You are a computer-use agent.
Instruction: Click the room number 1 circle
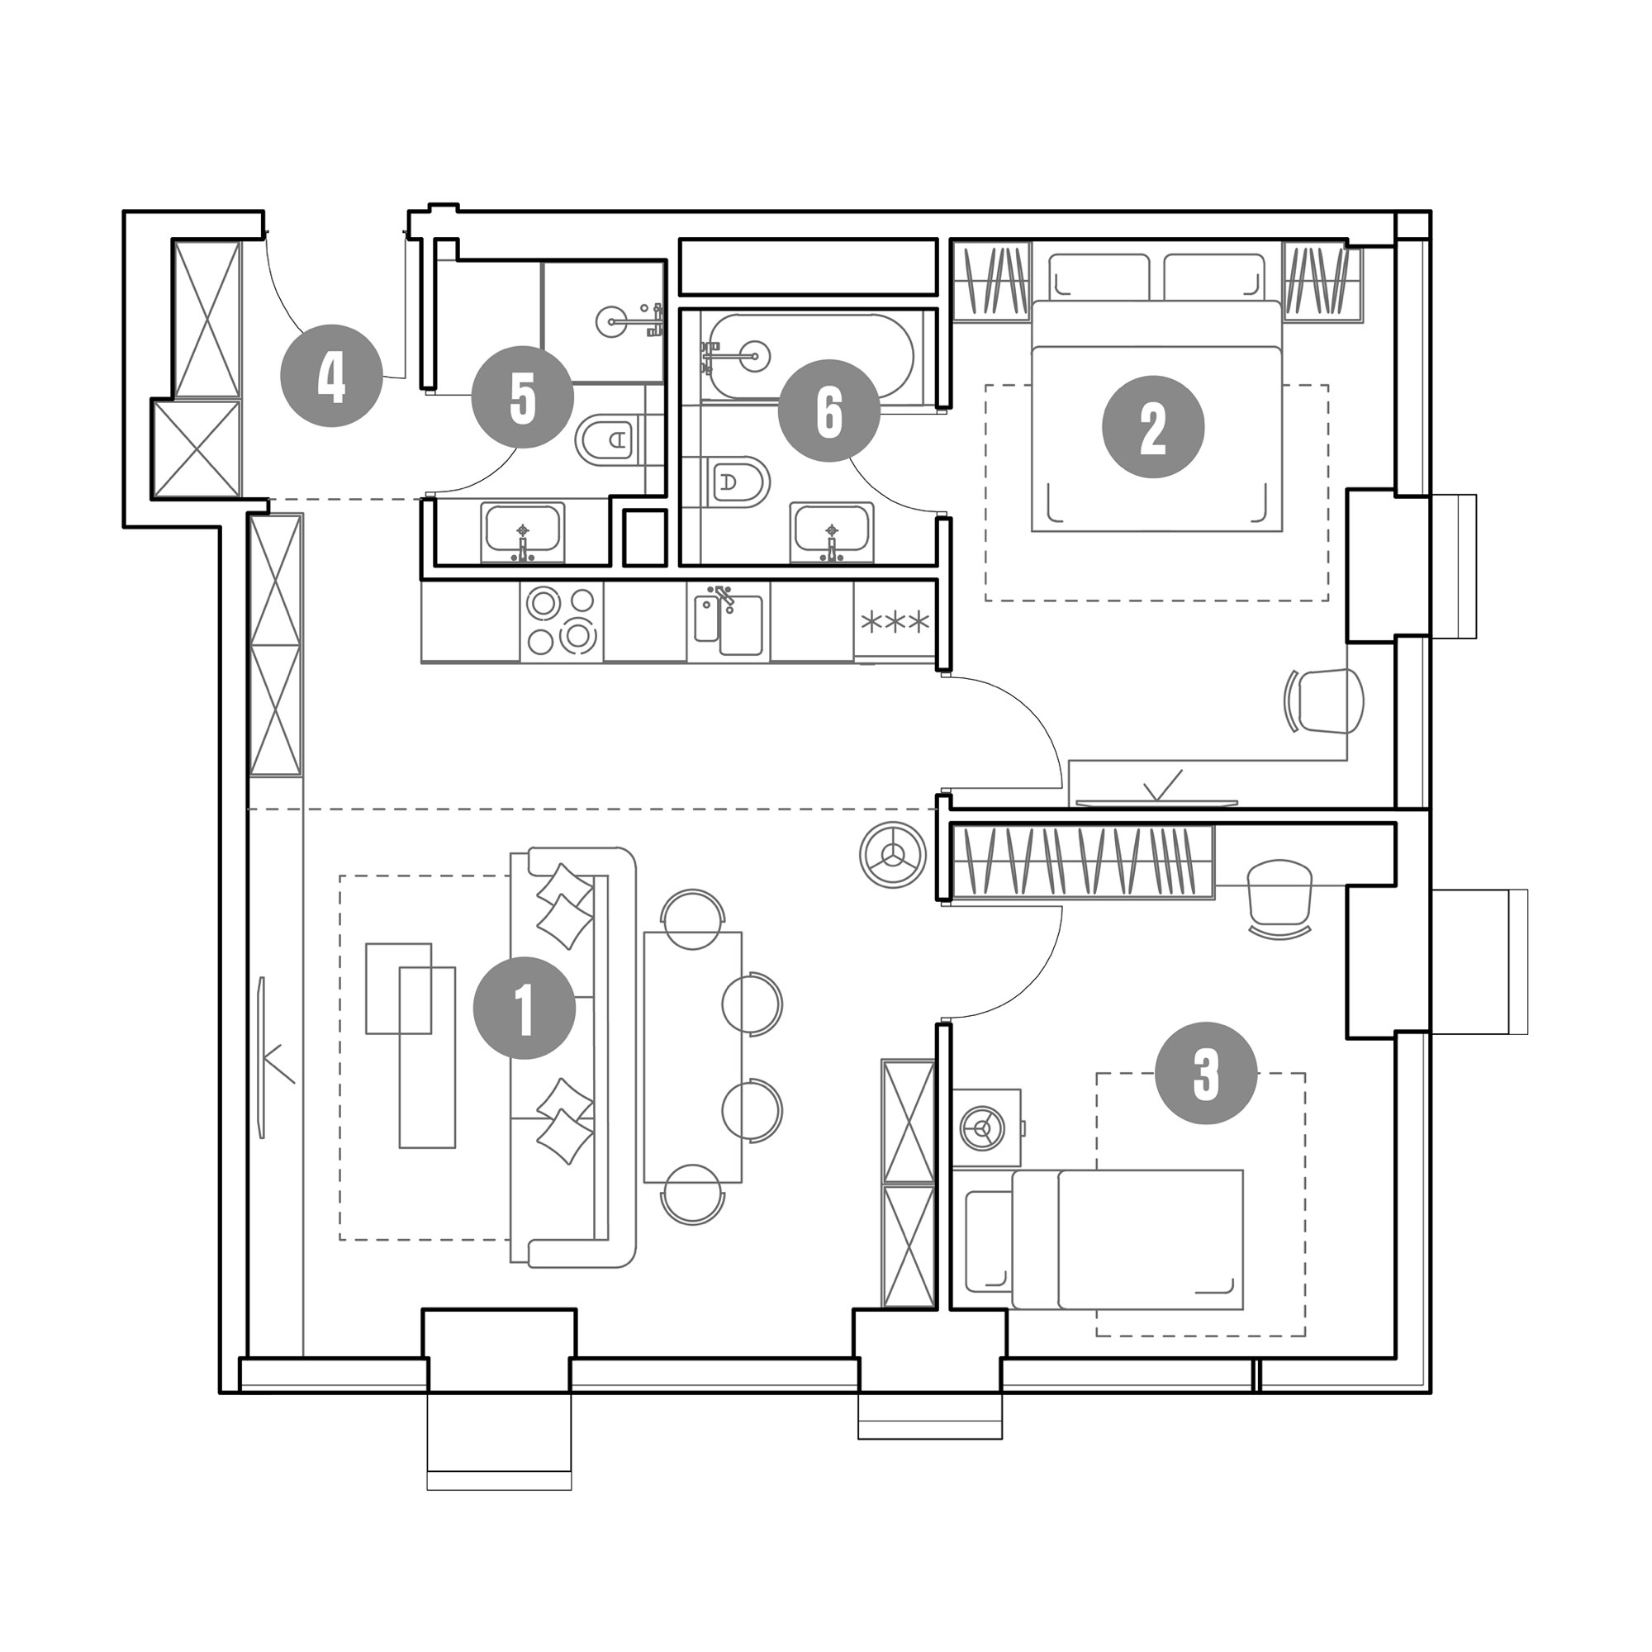coord(525,1007)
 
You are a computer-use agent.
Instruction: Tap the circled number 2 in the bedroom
coord(1152,427)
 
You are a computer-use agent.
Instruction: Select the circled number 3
coord(1206,1075)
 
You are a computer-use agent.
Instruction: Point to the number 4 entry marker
coord(332,375)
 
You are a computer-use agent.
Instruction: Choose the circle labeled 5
coord(523,396)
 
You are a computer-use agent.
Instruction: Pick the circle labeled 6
coord(828,411)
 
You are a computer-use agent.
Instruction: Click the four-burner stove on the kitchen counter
coord(561,622)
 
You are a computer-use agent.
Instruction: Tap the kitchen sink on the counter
coord(728,622)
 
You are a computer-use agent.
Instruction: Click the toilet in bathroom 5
coord(610,440)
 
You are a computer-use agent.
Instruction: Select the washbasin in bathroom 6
coord(832,534)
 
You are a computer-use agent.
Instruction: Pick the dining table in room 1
coord(693,1057)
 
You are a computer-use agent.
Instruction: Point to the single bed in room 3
coord(1104,1239)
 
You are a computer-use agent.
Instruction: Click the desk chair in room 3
coord(1279,899)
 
